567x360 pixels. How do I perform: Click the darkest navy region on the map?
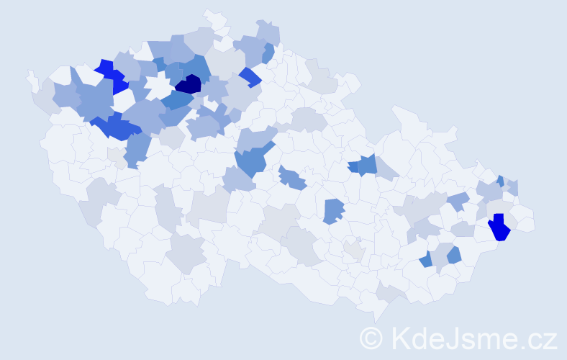tap(189, 85)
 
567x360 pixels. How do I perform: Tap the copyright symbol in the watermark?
tap(371, 338)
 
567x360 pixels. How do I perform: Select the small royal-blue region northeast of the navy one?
tap(250, 76)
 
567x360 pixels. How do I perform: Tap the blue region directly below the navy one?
tap(176, 101)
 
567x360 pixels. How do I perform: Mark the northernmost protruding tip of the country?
tap(210, 12)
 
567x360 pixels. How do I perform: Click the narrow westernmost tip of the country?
tap(30, 74)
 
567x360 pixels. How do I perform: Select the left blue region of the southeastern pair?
tap(426, 260)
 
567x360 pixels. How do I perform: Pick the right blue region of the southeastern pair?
tap(454, 254)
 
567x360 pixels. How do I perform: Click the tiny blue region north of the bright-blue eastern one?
tap(500, 181)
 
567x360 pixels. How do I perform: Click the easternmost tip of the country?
tap(534, 222)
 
